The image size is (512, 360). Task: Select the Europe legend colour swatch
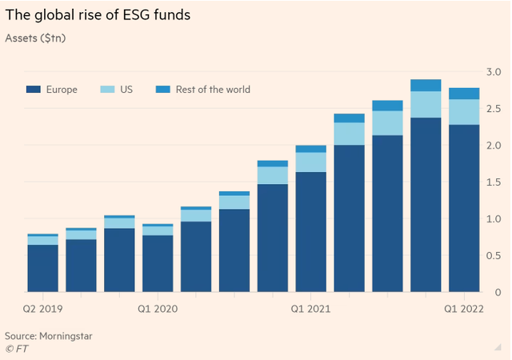[x=34, y=90]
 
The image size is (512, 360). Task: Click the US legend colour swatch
[x=110, y=90]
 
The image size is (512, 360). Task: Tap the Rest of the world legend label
[x=213, y=90]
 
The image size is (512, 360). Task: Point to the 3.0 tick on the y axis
[x=494, y=72]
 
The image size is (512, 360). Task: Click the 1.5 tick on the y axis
[x=494, y=182]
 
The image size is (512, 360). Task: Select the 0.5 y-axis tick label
[x=494, y=255]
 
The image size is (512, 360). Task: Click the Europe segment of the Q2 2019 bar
[x=42, y=268]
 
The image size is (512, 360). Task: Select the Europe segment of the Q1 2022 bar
[x=464, y=208]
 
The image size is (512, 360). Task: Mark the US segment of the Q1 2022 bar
[x=464, y=112]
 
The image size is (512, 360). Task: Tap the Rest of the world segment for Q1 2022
[x=464, y=94]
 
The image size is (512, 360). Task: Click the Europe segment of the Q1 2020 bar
[x=157, y=263]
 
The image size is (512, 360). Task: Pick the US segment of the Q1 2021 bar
[x=310, y=162]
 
